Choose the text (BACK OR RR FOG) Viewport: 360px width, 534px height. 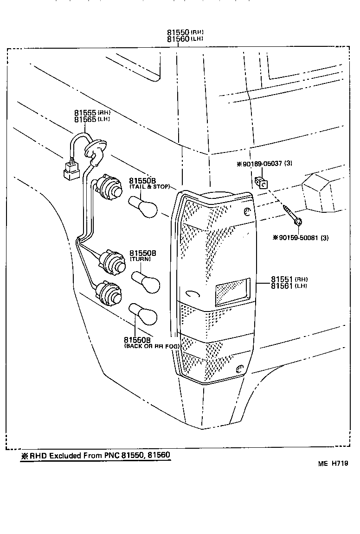[151, 346]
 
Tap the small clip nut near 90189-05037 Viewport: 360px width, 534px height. [261, 183]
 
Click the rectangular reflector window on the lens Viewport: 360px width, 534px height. [232, 292]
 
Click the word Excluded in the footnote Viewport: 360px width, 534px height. [65, 456]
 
